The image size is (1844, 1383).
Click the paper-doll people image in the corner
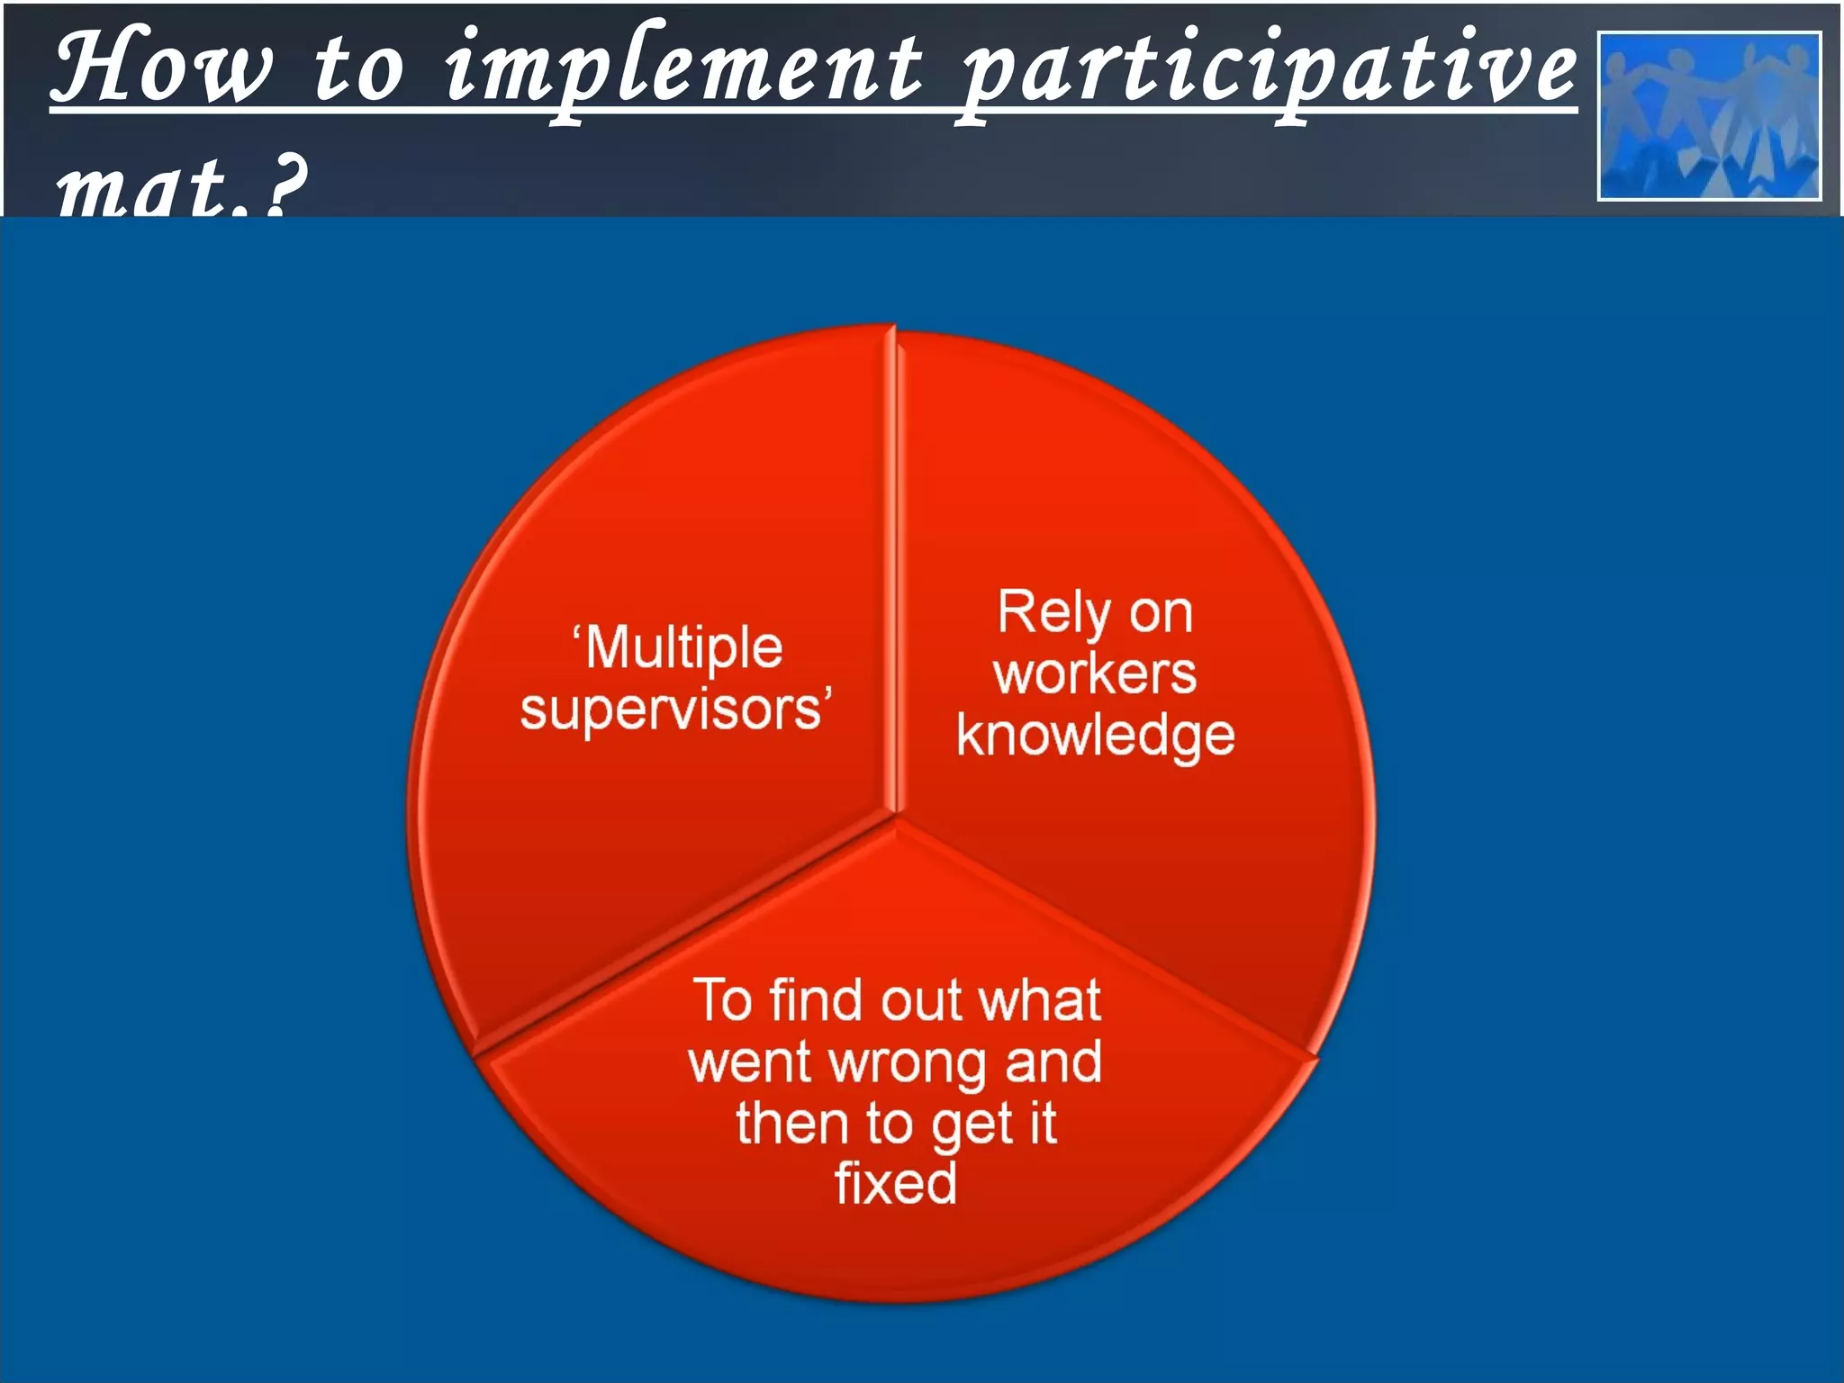pos(1709,115)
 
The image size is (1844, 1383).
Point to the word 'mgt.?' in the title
pos(180,186)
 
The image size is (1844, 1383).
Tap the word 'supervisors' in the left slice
pos(671,710)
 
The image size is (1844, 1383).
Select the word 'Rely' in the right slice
pos(1053,614)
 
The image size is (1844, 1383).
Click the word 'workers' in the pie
pos(1095,674)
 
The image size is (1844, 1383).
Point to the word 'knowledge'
pos(1095,737)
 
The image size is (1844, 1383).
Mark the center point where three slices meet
pos(897,818)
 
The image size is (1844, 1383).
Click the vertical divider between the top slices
pos(895,576)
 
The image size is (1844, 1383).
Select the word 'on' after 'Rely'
pos(1161,614)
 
